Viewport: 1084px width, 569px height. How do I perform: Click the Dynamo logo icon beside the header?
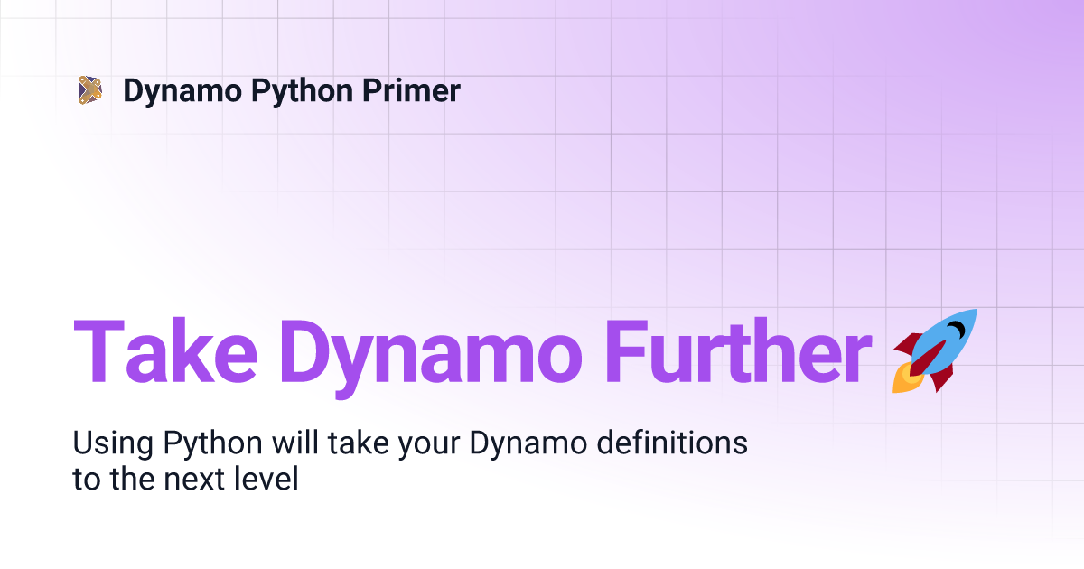click(90, 90)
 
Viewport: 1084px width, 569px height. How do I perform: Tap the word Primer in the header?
click(411, 90)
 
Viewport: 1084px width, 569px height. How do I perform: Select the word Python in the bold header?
click(303, 91)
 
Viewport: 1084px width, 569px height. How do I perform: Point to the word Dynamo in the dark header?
click(182, 91)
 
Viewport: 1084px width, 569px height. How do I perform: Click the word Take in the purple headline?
click(165, 351)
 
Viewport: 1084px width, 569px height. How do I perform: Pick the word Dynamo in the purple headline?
click(430, 358)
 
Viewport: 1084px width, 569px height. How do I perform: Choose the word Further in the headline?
click(739, 351)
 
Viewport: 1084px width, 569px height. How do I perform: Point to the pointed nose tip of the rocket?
click(976, 311)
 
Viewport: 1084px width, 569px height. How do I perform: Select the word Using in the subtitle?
click(113, 444)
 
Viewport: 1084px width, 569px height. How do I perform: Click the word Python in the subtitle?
click(212, 444)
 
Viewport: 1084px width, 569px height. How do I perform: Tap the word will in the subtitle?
click(294, 443)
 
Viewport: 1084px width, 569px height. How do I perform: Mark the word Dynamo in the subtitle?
click(528, 444)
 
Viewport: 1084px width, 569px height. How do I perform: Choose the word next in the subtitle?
click(193, 480)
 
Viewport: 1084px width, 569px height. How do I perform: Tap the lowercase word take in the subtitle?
click(358, 443)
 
